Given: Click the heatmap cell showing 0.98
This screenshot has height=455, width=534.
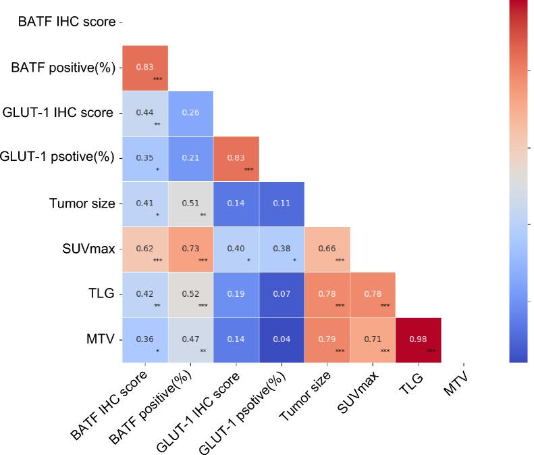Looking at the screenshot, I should pos(418,339).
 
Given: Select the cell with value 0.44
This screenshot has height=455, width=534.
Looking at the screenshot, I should pos(145,113).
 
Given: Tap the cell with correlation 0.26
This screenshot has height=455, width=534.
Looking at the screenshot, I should pos(190,113).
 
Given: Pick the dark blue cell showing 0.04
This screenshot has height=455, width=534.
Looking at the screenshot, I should pos(282,339).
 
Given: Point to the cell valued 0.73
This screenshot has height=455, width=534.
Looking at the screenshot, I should pos(190,249).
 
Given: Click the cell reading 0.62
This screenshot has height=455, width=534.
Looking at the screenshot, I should pos(145,249).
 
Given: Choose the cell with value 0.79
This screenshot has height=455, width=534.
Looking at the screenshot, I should pos(327,339).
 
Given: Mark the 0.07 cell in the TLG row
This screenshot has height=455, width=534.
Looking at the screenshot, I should pos(282,294).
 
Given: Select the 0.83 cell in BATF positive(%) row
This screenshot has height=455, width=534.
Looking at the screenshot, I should pos(145,68).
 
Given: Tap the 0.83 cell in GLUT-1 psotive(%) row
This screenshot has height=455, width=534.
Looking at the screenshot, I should pos(236,158).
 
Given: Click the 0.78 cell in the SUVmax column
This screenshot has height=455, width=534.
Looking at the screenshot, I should pos(373,294).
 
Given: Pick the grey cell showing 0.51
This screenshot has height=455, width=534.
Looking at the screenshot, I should pos(190,203).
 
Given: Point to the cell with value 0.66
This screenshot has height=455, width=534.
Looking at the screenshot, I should pos(327,249).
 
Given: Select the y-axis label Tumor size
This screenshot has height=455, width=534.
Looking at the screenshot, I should pos(81,203).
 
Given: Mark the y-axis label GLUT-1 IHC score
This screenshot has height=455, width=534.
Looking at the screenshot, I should pos(58,113).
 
